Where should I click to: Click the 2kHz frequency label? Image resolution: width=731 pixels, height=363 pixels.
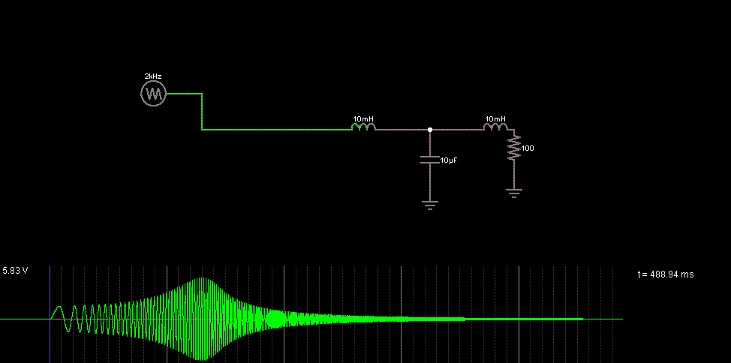(153, 76)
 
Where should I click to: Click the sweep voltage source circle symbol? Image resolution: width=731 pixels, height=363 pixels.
(153, 94)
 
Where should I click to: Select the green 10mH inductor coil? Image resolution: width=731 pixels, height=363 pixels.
(363, 127)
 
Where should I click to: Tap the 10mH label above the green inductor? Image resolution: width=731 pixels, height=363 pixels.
(363, 118)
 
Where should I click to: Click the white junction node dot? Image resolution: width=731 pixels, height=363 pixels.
(430, 130)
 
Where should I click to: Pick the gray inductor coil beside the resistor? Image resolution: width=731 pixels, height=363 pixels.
(495, 127)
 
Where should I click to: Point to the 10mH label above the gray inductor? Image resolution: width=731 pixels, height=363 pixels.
(495, 118)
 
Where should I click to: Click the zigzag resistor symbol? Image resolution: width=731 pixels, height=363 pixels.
(514, 148)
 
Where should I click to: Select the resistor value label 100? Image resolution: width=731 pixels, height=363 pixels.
(528, 148)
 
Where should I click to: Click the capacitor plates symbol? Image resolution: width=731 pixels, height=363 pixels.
(430, 160)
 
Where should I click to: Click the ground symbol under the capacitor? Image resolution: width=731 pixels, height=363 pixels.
(430, 205)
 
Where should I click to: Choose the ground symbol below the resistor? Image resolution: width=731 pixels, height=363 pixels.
(514, 193)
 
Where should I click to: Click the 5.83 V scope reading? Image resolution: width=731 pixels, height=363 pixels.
(15, 270)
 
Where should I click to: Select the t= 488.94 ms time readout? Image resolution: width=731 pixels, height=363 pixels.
(666, 274)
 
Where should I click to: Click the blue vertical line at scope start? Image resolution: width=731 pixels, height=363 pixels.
(50, 314)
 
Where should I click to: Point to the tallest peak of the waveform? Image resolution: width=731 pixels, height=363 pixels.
(203, 278)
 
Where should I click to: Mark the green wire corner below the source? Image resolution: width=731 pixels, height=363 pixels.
(202, 130)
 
